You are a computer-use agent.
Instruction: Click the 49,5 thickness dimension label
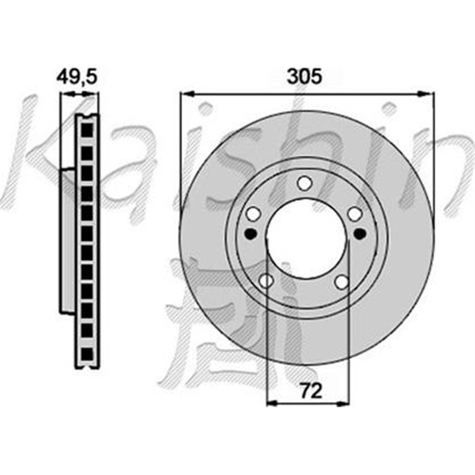pos(76,77)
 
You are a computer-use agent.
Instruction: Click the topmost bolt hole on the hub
pos(305,182)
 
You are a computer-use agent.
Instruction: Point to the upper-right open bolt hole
pos(355,213)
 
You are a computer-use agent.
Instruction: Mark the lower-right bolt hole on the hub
pos(341,281)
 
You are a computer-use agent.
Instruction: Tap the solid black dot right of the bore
pos(359,234)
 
